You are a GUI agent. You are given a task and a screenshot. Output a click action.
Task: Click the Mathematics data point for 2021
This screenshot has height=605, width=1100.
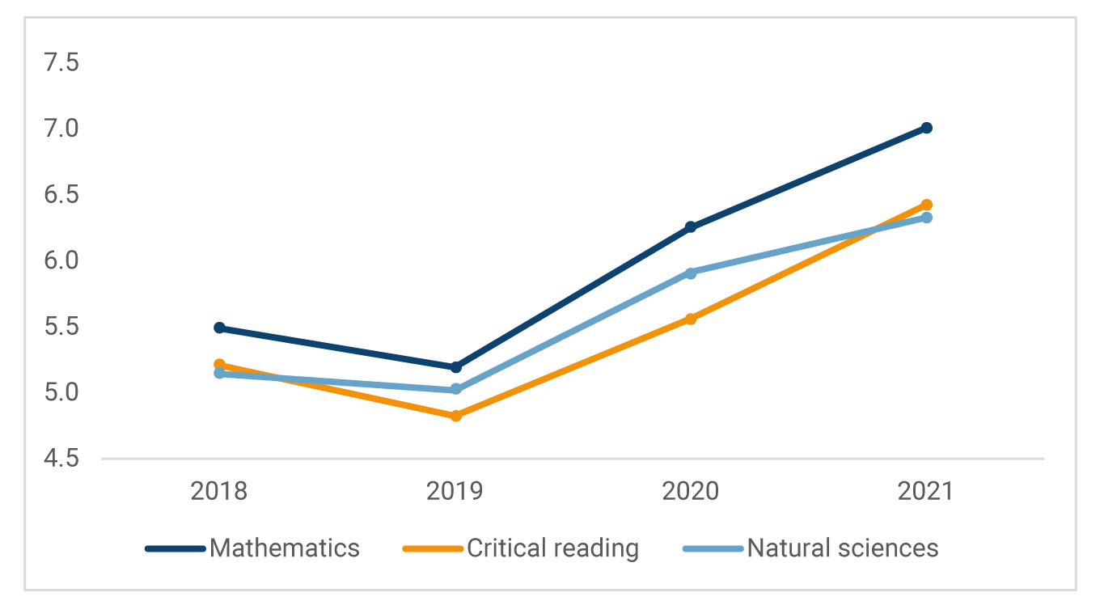[x=926, y=128]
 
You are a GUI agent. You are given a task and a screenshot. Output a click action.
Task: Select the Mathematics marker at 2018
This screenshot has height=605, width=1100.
[x=219, y=328]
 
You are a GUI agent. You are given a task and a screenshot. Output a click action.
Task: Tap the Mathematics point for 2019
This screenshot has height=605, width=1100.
[x=455, y=367]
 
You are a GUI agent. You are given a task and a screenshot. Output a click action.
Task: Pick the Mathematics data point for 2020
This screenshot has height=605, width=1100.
[x=691, y=227]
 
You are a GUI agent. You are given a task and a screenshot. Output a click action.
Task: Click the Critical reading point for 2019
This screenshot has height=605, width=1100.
[x=455, y=416]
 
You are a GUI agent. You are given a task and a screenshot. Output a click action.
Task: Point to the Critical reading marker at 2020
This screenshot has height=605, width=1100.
[x=691, y=319]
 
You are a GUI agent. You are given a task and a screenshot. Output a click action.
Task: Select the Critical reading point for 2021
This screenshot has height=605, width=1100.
[x=926, y=205]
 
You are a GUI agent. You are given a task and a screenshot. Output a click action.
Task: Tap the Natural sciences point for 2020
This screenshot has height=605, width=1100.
[x=691, y=273]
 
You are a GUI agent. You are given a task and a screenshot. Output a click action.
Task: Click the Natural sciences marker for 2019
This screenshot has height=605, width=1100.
[x=455, y=389]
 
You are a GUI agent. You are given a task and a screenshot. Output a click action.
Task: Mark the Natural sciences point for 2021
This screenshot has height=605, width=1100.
[x=926, y=218]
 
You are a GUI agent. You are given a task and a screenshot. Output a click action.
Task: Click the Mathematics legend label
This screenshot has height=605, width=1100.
[x=284, y=548]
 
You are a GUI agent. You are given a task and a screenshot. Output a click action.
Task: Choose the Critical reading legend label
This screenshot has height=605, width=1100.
[x=552, y=548]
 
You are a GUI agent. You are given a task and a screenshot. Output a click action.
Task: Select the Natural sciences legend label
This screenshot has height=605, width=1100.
[x=842, y=548]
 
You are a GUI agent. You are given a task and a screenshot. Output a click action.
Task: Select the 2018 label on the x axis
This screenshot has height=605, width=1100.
[x=219, y=492]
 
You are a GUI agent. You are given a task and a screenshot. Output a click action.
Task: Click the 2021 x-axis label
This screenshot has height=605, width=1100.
[x=926, y=492]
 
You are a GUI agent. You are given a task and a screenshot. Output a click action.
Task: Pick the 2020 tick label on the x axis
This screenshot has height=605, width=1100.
[x=691, y=492]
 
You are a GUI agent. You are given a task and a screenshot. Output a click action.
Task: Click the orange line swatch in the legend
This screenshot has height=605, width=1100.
[x=432, y=549]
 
